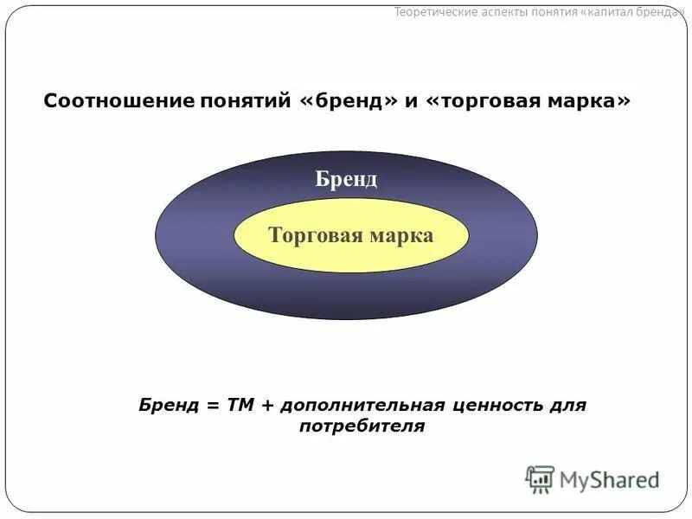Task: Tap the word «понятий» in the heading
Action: [236, 101]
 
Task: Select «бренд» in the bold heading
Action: [349, 101]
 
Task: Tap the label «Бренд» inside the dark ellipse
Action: [345, 179]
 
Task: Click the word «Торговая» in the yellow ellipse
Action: [311, 235]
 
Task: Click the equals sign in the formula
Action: [211, 405]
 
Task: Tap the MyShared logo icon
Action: [540, 478]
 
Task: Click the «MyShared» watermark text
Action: [609, 479]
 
